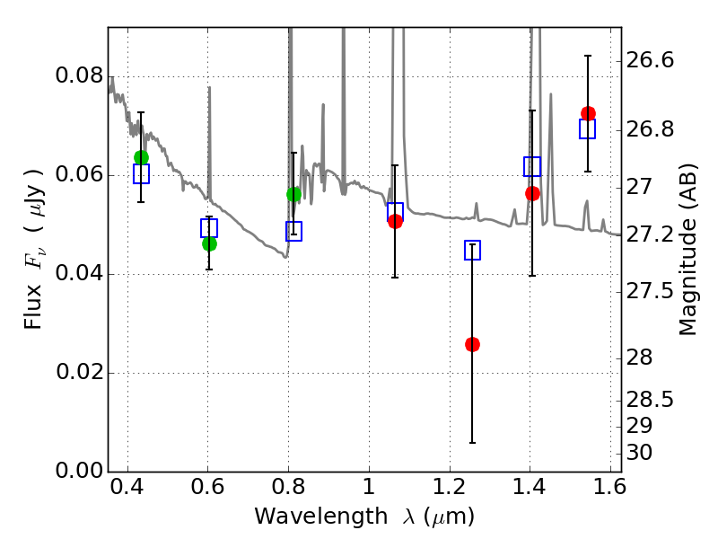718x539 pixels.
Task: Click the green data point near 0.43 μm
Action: coord(141,157)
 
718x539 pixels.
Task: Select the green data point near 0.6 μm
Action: coord(209,243)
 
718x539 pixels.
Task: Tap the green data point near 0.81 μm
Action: coord(293,194)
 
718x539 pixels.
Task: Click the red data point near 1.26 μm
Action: coord(472,344)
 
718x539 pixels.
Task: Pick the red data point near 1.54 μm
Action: coord(588,113)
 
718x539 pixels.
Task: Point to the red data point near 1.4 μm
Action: coord(532,193)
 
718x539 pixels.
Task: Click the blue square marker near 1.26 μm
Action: coord(473,251)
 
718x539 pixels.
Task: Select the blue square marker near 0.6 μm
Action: coord(209,228)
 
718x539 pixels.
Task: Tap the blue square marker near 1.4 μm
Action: coord(532,166)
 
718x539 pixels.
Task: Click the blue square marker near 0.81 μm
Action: coord(293,231)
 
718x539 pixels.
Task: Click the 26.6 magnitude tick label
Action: coord(651,60)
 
